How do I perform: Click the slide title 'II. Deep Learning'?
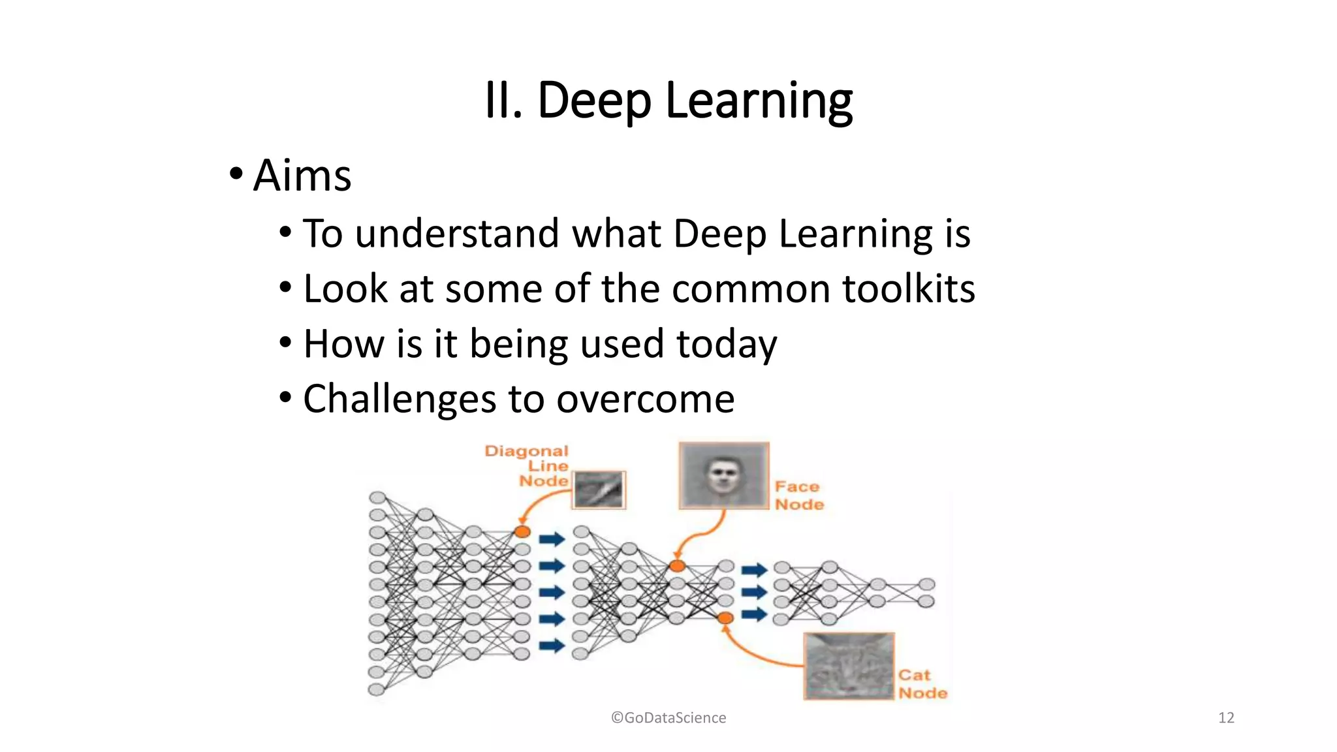point(668,101)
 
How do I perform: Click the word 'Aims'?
point(302,176)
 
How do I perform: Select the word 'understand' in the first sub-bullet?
point(457,234)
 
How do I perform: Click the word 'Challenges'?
point(400,399)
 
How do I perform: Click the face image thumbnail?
point(723,475)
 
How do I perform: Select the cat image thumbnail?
point(849,666)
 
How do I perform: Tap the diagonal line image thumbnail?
point(599,490)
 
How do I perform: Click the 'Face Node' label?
point(799,495)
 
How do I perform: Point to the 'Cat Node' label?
point(922,684)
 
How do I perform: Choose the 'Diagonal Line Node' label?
point(527,466)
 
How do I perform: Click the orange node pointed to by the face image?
point(678,566)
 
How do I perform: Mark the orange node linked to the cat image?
point(725,618)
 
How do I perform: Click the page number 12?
point(1225,718)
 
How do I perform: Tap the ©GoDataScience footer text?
point(668,718)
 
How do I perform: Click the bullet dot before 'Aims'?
point(236,174)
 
